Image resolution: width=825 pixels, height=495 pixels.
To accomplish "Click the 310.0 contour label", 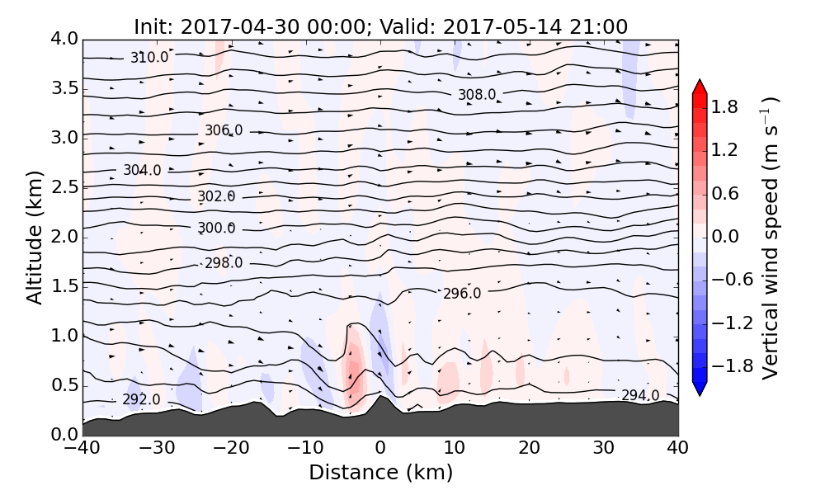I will click(149, 57).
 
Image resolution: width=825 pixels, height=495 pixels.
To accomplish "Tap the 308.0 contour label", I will click(477, 95).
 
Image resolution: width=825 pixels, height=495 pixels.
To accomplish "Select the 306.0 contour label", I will click(224, 130).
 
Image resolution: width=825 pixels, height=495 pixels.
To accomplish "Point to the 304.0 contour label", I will click(142, 170).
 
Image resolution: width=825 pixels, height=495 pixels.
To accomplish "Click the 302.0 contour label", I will click(216, 196).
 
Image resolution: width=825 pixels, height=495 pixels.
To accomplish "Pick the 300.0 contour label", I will click(216, 228).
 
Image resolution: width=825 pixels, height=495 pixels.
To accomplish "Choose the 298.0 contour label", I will click(224, 263).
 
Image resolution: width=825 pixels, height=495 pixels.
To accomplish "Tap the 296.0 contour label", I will click(462, 294).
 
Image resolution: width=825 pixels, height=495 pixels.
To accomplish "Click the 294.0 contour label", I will click(640, 395).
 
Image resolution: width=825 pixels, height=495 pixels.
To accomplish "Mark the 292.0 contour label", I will click(141, 400).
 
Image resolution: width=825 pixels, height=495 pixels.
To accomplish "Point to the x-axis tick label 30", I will click(604, 449).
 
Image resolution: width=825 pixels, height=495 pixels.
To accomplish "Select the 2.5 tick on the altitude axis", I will click(63, 187).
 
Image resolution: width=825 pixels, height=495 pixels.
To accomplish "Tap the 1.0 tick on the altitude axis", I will click(63, 336).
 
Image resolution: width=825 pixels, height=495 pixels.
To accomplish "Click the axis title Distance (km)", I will click(380, 473).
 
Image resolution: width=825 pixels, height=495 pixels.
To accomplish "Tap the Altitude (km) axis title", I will click(35, 237).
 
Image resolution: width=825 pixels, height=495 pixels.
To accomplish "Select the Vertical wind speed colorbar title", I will click(769, 238).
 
